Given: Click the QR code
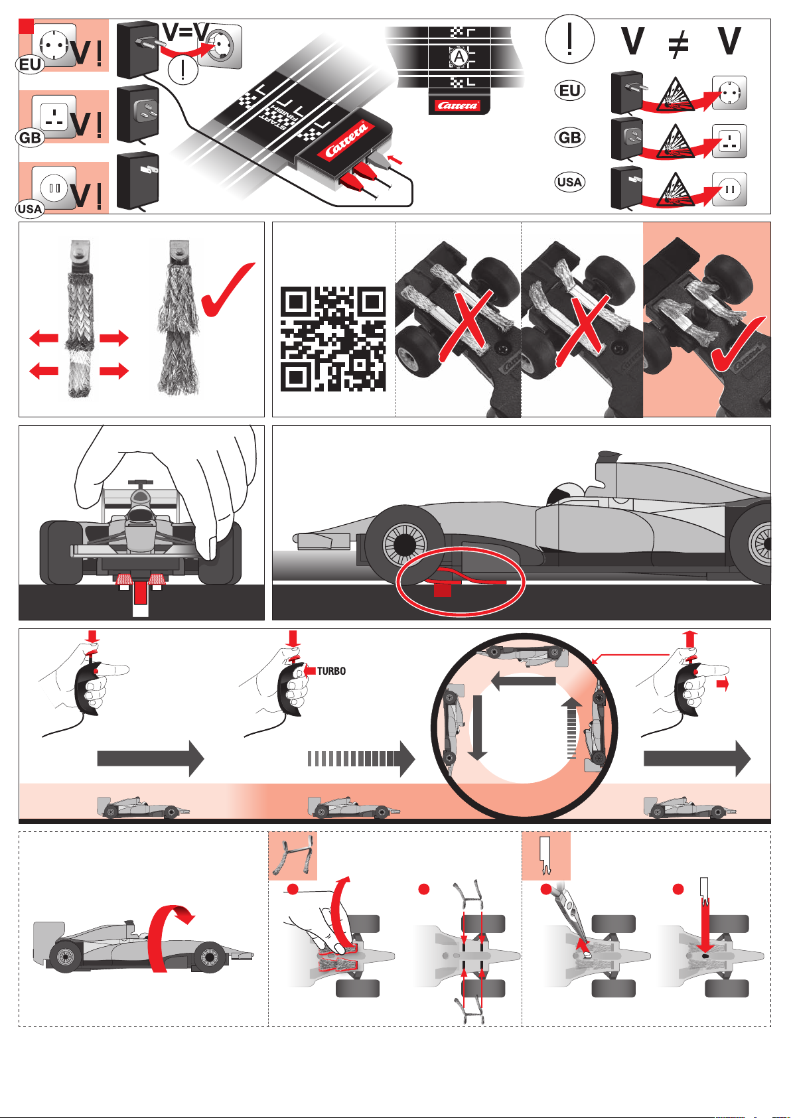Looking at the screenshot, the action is coord(333,338).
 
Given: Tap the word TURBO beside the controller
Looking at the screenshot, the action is coord(331,671).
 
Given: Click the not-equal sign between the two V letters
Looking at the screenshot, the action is coord(678,43).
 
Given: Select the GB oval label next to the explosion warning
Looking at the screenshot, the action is coord(569,137).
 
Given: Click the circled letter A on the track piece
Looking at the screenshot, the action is coord(458,57).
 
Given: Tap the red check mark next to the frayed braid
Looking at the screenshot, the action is coord(227,290).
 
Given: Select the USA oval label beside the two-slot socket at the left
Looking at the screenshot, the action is coord(29,208).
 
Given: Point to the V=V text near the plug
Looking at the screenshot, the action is coord(186,33).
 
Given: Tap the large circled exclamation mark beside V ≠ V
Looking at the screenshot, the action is coord(569,39).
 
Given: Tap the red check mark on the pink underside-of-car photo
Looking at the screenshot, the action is coord(738,344).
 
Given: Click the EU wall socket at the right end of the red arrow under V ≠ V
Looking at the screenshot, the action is coord(729,93).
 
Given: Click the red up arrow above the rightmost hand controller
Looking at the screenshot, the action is coord(690,640).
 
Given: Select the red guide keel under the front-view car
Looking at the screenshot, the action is coord(140,594).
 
